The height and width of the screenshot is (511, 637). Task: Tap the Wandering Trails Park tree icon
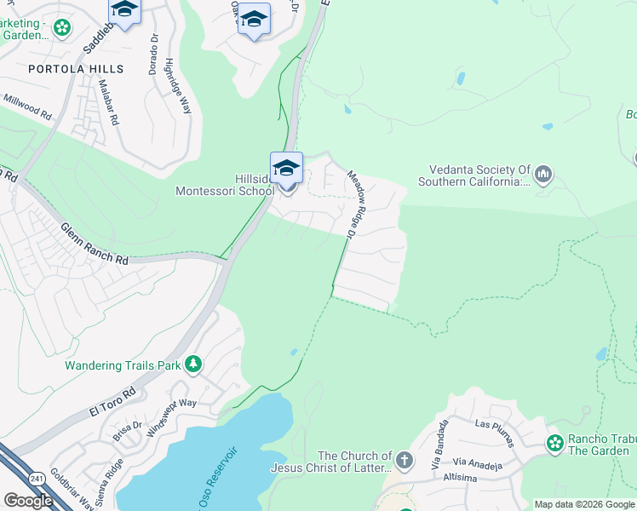click(x=193, y=365)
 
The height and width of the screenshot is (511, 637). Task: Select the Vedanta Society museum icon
click(x=543, y=175)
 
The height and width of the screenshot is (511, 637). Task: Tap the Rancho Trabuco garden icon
click(x=555, y=443)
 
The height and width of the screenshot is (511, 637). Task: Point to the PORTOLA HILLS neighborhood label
click(x=76, y=69)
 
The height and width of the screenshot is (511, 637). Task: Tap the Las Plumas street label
click(x=494, y=432)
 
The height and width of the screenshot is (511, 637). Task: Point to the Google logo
click(x=28, y=501)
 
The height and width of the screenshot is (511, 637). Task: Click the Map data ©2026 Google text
click(x=584, y=504)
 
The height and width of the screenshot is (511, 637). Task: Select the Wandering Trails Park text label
click(x=124, y=365)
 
